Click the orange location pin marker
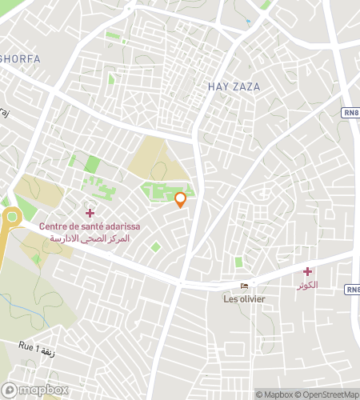pyautogui.click(x=181, y=199)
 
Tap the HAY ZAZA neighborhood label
pyautogui.click(x=234, y=86)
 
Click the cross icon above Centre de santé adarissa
pyautogui.click(x=90, y=213)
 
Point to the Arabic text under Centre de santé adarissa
pyautogui.click(x=90, y=238)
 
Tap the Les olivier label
pyautogui.click(x=244, y=300)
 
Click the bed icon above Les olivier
pyautogui.click(x=244, y=288)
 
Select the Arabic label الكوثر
pyautogui.click(x=306, y=285)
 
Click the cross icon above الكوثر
pyautogui.click(x=307, y=272)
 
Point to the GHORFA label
pyautogui.click(x=20, y=59)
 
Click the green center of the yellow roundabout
pyautogui.click(x=11, y=216)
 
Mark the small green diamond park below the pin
pyautogui.click(x=155, y=246)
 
